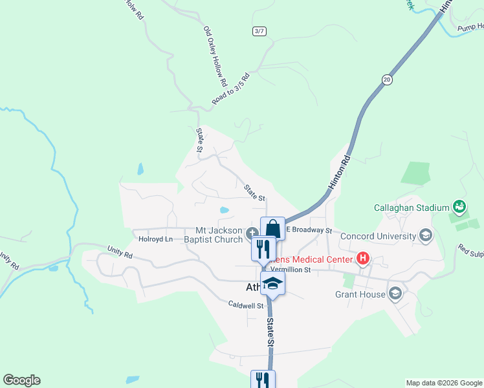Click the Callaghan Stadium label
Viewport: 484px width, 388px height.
pos(412,208)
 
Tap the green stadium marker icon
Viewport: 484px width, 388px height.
pos(459,208)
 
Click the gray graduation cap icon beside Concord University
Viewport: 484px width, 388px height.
pos(426,235)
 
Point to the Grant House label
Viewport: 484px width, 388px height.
pos(360,295)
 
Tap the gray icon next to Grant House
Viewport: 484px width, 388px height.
pos(395,295)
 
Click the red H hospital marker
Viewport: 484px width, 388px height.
pos(363,259)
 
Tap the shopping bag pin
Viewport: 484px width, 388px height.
pos(272,229)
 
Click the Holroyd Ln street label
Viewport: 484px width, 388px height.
pos(155,239)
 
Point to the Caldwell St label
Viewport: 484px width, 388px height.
pos(247,305)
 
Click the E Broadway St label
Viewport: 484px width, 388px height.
pos(309,230)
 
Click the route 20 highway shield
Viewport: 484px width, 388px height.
pos(387,80)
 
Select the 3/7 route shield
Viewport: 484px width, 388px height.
pos(259,31)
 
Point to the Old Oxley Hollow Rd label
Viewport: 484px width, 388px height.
pos(215,57)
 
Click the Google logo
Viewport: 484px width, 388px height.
pos(21,380)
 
